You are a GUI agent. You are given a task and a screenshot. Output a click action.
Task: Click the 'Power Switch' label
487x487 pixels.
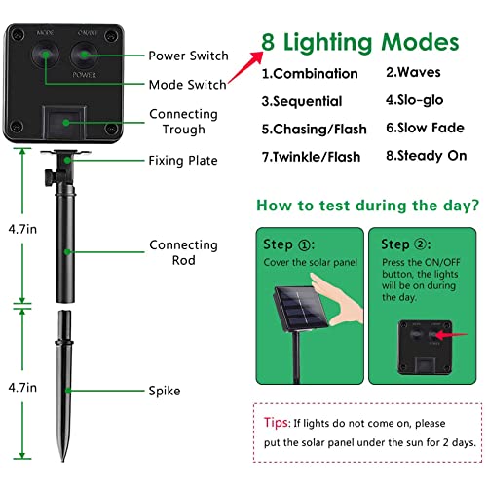(x=188, y=56)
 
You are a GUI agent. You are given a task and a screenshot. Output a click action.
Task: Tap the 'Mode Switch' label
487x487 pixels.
(x=188, y=85)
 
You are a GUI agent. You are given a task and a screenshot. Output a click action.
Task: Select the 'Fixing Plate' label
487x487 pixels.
(x=183, y=161)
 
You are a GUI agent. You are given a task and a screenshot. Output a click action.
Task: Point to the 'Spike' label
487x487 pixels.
(x=165, y=391)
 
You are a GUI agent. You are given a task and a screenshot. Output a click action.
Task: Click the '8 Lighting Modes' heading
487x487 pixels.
(x=360, y=43)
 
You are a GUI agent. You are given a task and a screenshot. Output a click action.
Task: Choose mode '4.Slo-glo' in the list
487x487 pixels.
(x=414, y=100)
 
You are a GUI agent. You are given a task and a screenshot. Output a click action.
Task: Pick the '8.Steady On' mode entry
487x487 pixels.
(x=427, y=156)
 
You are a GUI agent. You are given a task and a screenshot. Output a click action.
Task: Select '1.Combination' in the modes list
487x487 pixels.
(x=310, y=74)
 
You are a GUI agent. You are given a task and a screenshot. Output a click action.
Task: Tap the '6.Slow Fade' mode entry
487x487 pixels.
(x=425, y=128)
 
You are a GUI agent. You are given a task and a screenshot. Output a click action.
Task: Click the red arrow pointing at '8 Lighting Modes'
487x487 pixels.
(x=245, y=67)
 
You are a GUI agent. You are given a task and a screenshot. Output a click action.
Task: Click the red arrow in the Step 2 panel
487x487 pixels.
(x=451, y=335)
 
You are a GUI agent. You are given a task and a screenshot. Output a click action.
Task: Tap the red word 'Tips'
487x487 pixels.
(x=276, y=423)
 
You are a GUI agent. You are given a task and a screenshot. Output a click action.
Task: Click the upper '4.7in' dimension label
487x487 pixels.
(x=22, y=229)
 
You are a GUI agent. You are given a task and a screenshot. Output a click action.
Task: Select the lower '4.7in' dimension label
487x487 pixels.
(x=22, y=388)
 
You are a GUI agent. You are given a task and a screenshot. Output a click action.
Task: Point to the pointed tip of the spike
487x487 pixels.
(x=63, y=461)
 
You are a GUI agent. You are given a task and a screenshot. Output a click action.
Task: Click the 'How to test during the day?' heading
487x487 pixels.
(x=368, y=206)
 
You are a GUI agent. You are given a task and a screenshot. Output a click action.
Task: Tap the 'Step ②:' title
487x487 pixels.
(x=406, y=244)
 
